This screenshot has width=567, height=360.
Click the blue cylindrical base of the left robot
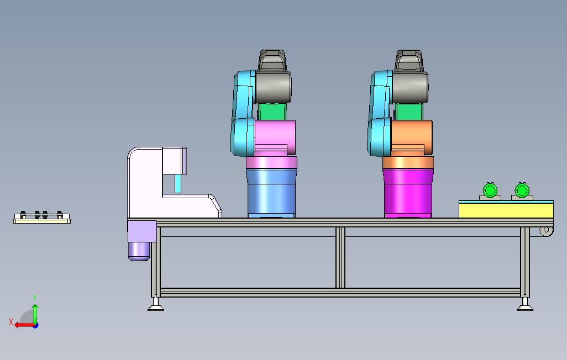tap(271, 193)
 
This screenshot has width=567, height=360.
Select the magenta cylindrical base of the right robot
tap(408, 193)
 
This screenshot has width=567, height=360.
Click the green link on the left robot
tap(272, 112)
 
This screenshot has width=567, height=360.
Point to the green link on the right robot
tap(409, 112)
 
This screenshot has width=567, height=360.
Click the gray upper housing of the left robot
tap(273, 87)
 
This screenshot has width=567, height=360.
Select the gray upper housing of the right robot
tap(410, 87)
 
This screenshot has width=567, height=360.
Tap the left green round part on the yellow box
tap(490, 190)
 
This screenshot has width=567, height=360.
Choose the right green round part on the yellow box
tap(522, 190)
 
